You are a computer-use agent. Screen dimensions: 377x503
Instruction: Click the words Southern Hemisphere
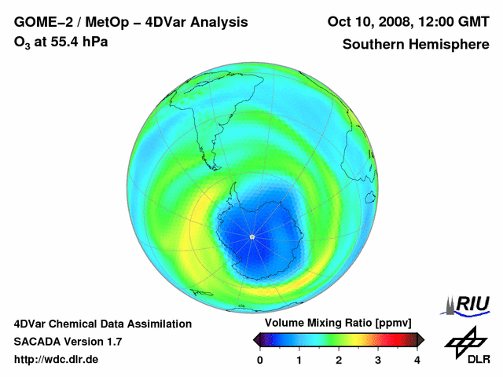click(x=416, y=44)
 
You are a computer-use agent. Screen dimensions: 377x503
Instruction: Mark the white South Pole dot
click(x=251, y=236)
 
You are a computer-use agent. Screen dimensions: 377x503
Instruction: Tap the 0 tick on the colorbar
click(x=260, y=360)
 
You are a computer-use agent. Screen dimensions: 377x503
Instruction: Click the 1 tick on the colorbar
click(x=299, y=360)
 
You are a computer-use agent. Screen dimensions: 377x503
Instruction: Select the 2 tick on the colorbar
click(x=339, y=360)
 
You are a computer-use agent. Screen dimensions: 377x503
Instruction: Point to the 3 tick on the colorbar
click(x=378, y=360)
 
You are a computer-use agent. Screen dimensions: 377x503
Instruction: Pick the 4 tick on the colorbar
click(x=417, y=360)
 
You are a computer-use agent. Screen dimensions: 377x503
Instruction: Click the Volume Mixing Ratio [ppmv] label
click(x=338, y=323)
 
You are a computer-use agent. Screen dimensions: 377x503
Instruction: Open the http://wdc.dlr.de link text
click(x=57, y=360)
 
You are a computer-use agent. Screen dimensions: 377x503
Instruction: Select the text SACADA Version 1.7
click(x=68, y=342)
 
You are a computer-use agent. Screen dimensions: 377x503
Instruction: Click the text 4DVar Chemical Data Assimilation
click(x=102, y=324)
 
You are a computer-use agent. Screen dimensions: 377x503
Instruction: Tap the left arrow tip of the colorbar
click(x=256, y=339)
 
